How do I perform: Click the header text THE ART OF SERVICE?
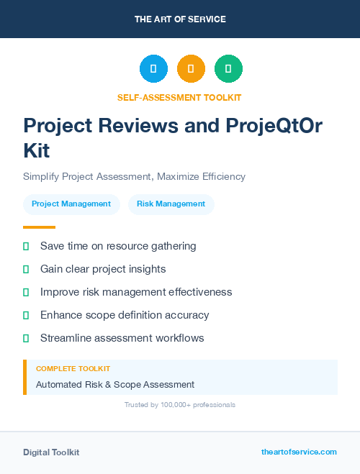tap(180, 19)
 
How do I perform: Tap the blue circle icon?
tap(153, 68)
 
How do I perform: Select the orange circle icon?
tap(191, 68)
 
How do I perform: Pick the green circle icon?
tap(228, 68)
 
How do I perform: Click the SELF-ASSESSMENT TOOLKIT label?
tap(179, 97)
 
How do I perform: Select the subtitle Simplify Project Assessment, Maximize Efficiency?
tap(134, 176)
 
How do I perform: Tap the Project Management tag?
tap(71, 204)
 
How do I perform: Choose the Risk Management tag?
tap(171, 204)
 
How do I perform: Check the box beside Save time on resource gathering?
tap(26, 246)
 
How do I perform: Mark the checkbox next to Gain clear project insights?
tap(26, 269)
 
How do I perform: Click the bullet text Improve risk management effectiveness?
tap(136, 292)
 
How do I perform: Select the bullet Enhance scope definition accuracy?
tap(125, 315)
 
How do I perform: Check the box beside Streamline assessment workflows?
tap(26, 338)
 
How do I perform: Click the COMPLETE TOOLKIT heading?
tap(73, 368)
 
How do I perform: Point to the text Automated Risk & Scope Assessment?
tap(115, 384)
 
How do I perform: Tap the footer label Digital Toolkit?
tap(51, 452)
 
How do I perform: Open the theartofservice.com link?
tap(299, 452)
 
